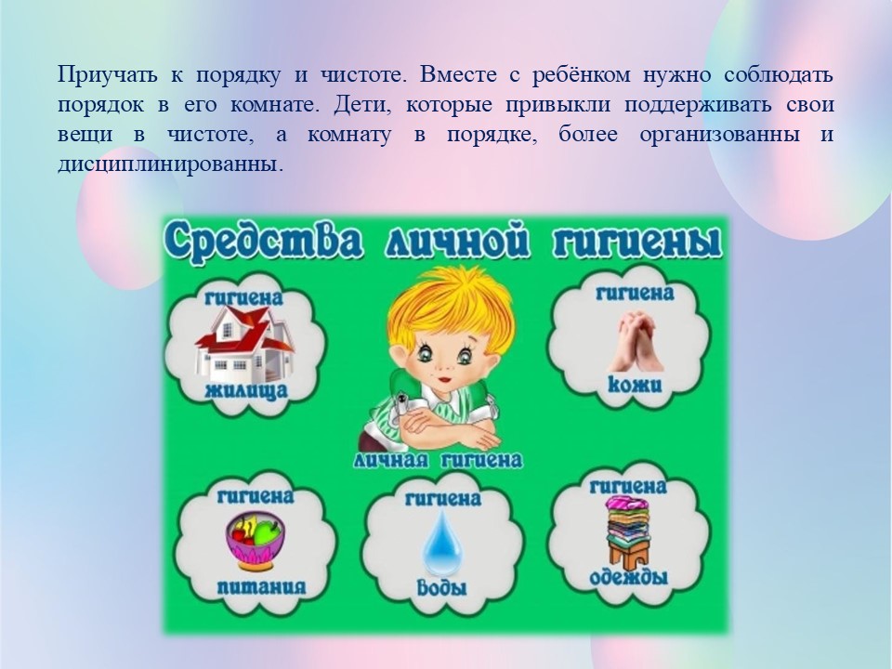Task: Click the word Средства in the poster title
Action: [x=263, y=243]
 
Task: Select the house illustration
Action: [x=244, y=344]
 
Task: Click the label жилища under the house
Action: [x=246, y=391]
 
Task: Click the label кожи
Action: [x=635, y=385]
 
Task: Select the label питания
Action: [x=261, y=587]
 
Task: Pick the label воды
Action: [x=442, y=586]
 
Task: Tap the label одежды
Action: [x=629, y=577]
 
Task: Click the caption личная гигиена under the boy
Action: [x=438, y=460]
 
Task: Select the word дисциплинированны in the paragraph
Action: [x=170, y=165]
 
